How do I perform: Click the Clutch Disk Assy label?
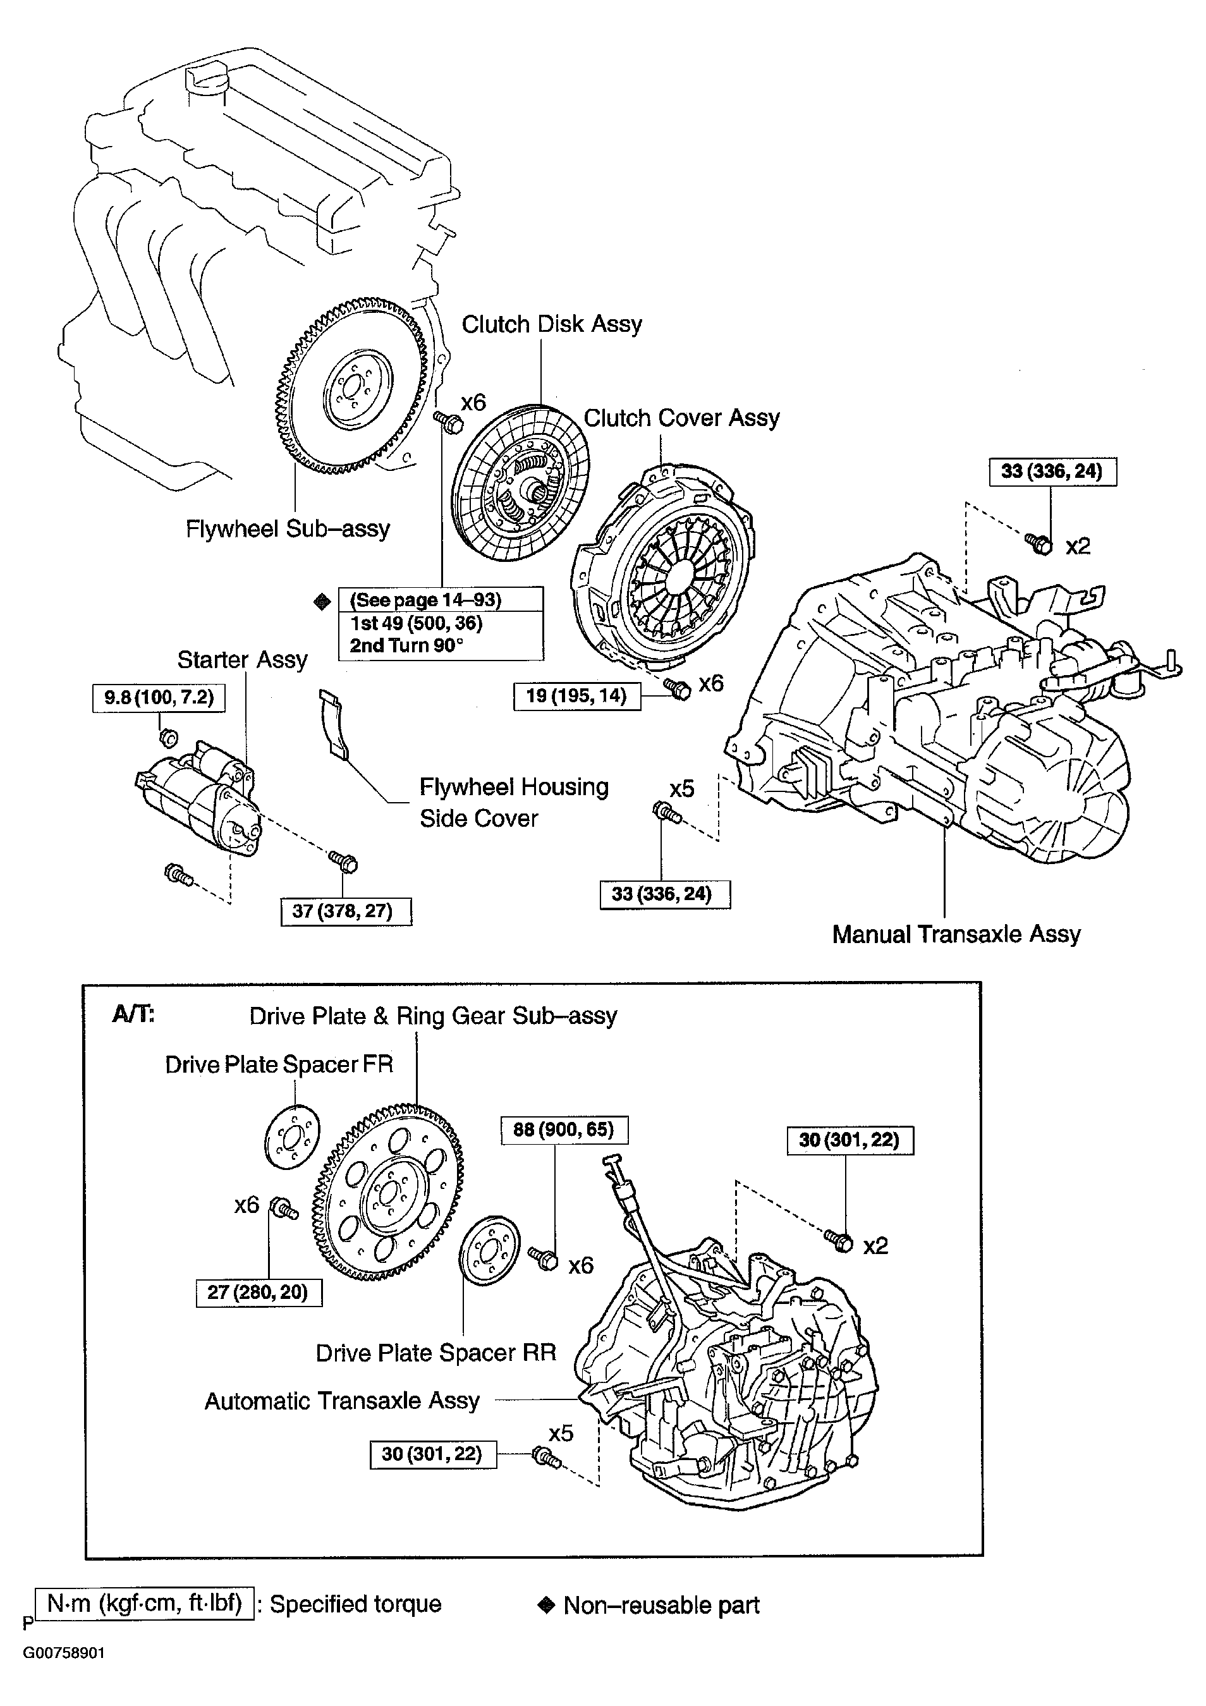coord(551,325)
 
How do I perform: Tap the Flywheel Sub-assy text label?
coord(288,529)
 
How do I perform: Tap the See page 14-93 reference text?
coord(426,600)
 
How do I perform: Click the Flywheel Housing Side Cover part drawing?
coord(333,724)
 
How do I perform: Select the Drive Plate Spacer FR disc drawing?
coord(292,1138)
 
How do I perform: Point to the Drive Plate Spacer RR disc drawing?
coord(489,1250)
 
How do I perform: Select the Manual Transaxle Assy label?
coord(956,935)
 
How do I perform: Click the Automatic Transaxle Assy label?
coord(342,1401)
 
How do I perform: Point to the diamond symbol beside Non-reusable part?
coord(546,1605)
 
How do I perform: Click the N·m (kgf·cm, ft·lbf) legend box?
coord(144,1604)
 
